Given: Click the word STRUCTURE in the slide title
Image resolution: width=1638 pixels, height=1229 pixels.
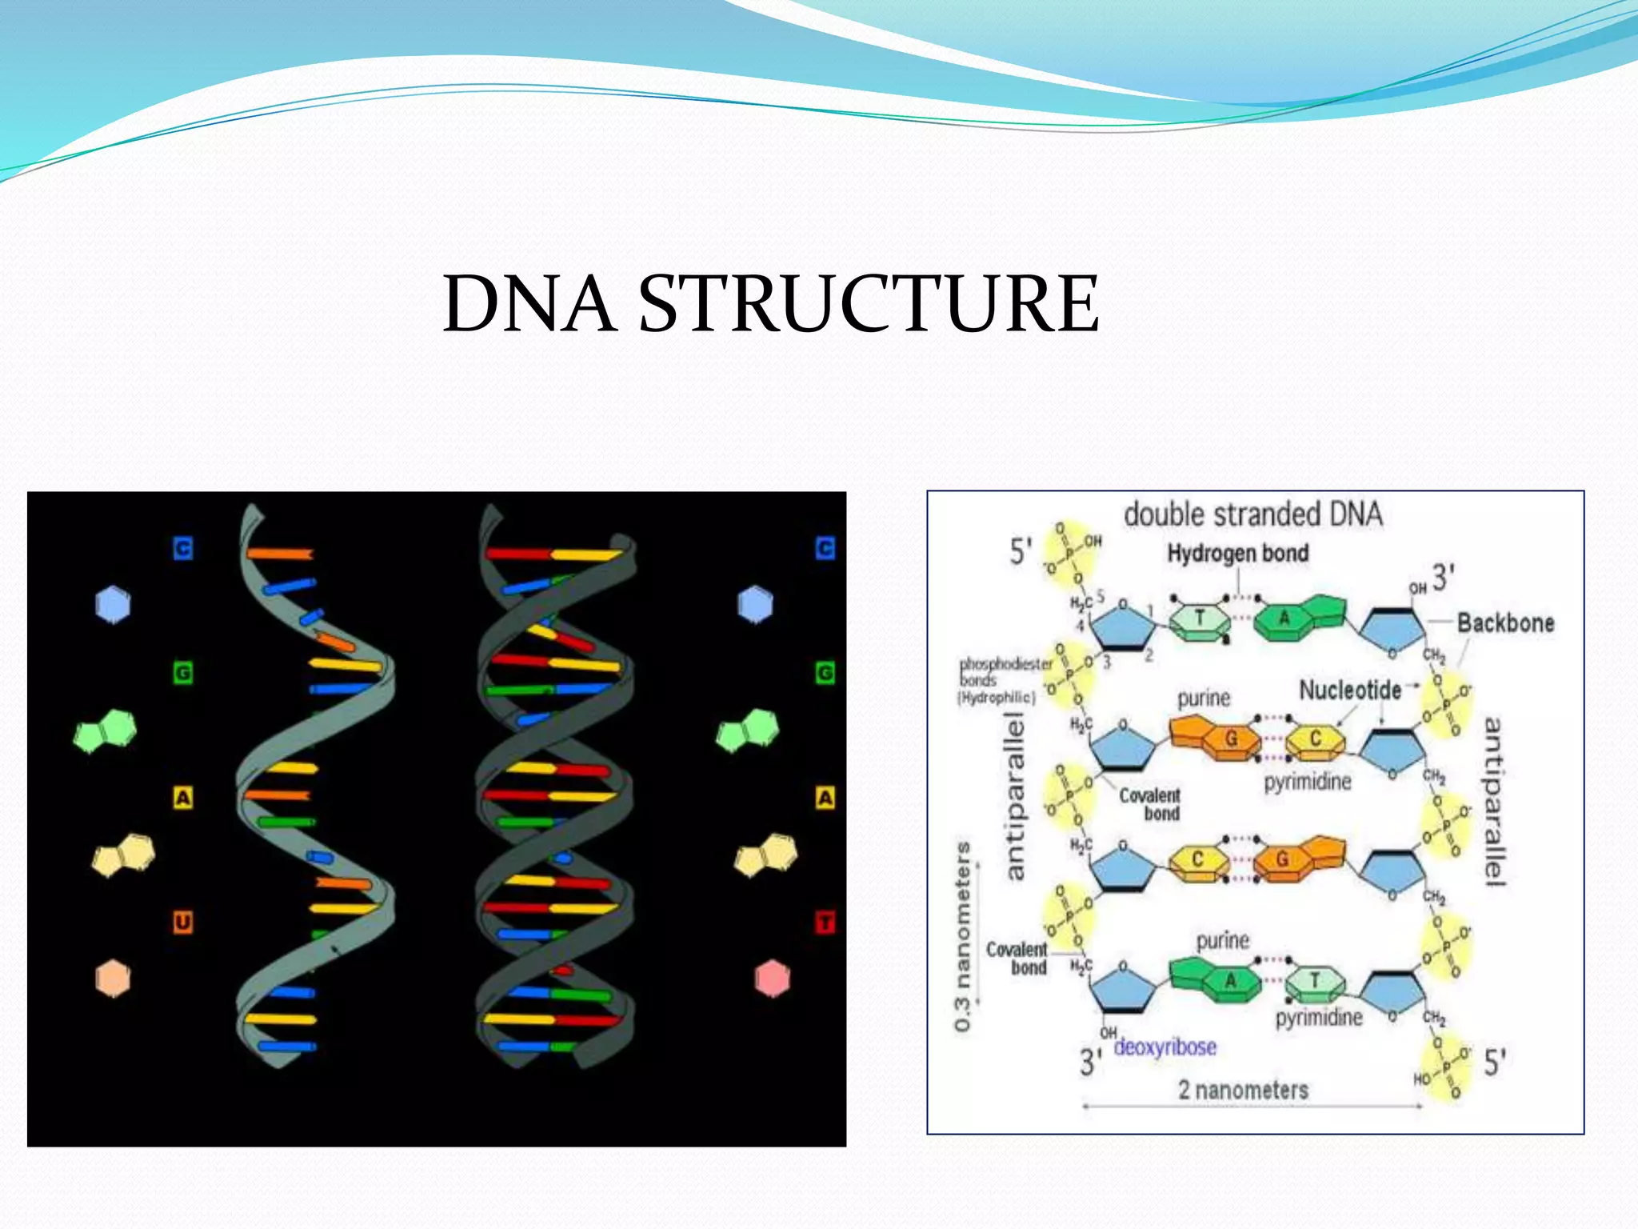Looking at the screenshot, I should [x=869, y=304].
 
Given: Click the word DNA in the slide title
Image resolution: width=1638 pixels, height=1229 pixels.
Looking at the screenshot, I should [x=529, y=304].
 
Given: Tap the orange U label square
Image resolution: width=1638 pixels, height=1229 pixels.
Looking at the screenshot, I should [x=183, y=922].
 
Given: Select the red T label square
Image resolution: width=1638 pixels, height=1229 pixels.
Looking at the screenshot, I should [x=825, y=922].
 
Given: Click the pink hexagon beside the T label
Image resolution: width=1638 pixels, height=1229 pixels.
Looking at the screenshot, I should [x=772, y=979].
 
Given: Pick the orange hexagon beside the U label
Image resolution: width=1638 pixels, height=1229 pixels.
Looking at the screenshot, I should [x=113, y=979].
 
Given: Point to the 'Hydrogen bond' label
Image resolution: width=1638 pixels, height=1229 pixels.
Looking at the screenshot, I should [x=1237, y=553].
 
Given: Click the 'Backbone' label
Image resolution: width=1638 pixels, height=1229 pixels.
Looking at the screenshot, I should [x=1505, y=623].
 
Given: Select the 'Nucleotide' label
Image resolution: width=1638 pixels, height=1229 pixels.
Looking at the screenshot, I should [x=1350, y=690].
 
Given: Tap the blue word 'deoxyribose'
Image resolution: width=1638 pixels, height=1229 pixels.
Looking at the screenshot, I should [x=1165, y=1047].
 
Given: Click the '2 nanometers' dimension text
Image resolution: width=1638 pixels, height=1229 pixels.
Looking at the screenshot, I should [x=1243, y=1090].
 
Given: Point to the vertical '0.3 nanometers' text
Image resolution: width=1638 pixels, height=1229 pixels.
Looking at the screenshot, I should [x=964, y=936].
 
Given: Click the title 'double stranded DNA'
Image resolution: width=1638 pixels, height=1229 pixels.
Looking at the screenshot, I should [x=1252, y=514].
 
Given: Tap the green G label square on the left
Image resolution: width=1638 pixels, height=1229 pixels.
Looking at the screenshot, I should [x=183, y=672].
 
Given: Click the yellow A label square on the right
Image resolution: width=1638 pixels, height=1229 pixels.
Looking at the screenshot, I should [x=825, y=797].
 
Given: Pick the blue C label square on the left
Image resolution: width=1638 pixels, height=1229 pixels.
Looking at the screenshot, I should [x=183, y=548].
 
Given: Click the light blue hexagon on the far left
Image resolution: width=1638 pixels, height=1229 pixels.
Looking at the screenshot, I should [x=113, y=604].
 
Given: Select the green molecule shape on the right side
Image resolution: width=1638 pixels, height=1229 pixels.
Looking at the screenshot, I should [x=748, y=731].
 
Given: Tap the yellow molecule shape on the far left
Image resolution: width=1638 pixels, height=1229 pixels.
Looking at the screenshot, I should [x=124, y=855].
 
